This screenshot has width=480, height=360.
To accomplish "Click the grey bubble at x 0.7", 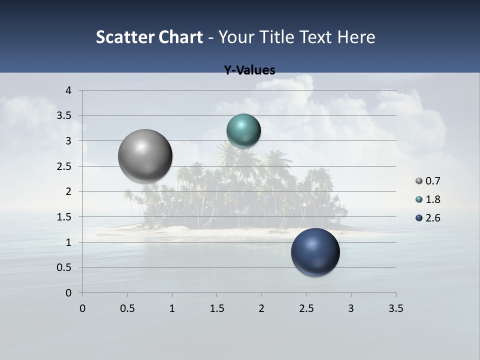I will pyautogui.click(x=145, y=156).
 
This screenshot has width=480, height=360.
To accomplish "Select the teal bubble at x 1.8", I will pyautogui.click(x=243, y=131).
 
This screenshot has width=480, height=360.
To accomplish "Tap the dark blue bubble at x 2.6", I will pyautogui.click(x=315, y=252).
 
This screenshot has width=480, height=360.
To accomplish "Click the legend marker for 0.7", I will pyautogui.click(x=419, y=181).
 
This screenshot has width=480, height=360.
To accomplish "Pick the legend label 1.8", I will pyautogui.click(x=433, y=199).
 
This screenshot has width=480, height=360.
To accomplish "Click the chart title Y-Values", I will pyautogui.click(x=249, y=70).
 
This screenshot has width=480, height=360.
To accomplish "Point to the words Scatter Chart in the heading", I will pyautogui.click(x=149, y=37).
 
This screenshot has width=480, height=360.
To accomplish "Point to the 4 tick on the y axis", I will pyautogui.click(x=69, y=90).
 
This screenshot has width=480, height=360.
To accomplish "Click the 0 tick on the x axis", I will pyautogui.click(x=82, y=308).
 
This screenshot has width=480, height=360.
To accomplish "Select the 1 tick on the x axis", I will pyautogui.click(x=172, y=308).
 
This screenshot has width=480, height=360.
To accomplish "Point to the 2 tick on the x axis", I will pyautogui.click(x=261, y=308).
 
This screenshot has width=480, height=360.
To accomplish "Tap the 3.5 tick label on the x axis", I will pyautogui.click(x=395, y=308).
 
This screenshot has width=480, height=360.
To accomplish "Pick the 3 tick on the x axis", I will pyautogui.click(x=351, y=308).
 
